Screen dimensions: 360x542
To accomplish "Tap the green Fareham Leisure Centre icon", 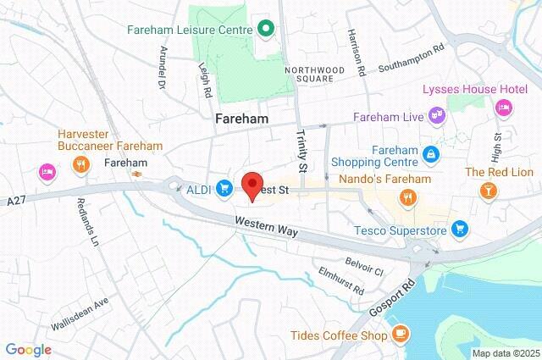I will pyautogui.click(x=265, y=29).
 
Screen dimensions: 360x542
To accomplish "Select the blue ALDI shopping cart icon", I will pyautogui.click(x=224, y=187).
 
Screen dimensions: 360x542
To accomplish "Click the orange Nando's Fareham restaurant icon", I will pyautogui.click(x=409, y=198).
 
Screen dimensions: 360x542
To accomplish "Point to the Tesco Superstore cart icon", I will pyautogui.click(x=459, y=228).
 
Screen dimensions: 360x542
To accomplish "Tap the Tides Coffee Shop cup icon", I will pyautogui.click(x=401, y=336).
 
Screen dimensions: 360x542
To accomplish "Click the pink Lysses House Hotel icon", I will pyautogui.click(x=503, y=108).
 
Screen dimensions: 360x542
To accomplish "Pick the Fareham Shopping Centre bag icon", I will pyautogui.click(x=433, y=154).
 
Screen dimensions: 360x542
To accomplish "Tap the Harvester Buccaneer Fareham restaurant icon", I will pyautogui.click(x=82, y=166).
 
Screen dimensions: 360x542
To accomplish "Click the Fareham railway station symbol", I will pyautogui.click(x=135, y=174).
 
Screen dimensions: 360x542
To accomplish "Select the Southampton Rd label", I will pyautogui.click(x=411, y=68).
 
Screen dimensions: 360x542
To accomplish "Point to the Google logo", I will pyautogui.click(x=28, y=349).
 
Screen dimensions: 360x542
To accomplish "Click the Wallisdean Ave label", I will pyautogui.click(x=80, y=313).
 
